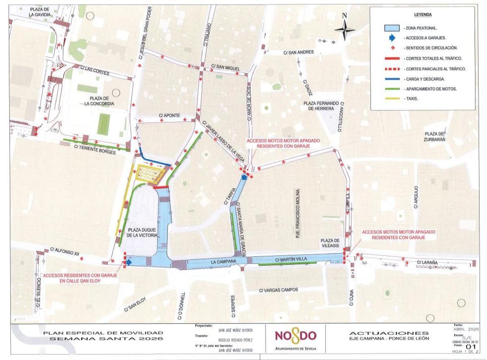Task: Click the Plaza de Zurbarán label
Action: [x=435, y=136]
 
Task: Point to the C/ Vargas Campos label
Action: [x=278, y=290]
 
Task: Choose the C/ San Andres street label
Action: [x=300, y=52]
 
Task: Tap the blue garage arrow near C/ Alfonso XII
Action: [x=128, y=263]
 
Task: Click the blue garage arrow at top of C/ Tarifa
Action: [x=244, y=177]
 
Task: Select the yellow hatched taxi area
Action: [x=151, y=174]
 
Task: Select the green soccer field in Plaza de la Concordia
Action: [x=104, y=123]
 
